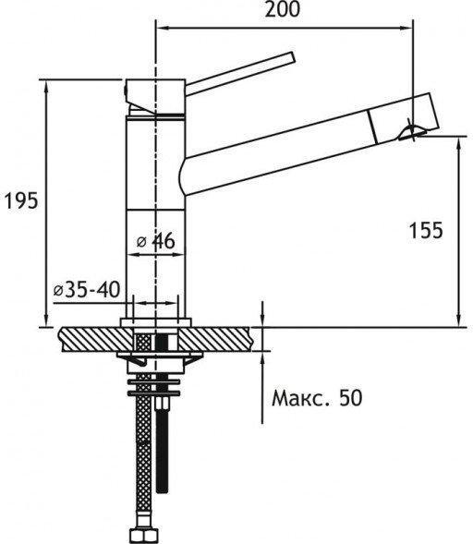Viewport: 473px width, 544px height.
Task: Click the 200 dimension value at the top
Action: (x=282, y=9)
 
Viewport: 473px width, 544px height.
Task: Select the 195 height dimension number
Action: (x=21, y=201)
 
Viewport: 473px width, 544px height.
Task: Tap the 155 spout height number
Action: (x=426, y=230)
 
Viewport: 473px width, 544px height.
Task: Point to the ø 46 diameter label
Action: (x=156, y=241)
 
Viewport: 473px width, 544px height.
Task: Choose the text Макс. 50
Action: (x=317, y=398)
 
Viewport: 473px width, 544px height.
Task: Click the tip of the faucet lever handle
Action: (x=292, y=57)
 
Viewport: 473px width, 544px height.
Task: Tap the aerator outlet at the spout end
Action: (x=412, y=133)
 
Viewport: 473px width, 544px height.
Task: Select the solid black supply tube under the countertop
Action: (x=162, y=445)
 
